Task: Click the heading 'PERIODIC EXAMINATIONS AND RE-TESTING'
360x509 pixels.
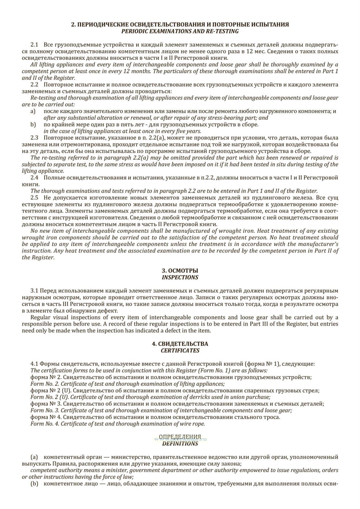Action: [180, 31]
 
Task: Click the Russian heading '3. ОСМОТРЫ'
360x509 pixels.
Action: [180, 271]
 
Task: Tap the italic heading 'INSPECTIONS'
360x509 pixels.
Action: [180, 277]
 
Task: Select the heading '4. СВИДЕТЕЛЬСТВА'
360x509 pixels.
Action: [180, 344]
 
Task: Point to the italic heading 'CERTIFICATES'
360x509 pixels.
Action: [180, 351]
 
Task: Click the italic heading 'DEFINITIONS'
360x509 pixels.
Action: [180, 444]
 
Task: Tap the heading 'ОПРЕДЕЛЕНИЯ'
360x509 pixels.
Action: [180, 437]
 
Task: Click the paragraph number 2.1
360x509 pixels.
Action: [34, 45]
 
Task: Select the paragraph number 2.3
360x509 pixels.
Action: [34, 138]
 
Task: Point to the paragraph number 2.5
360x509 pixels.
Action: [34, 198]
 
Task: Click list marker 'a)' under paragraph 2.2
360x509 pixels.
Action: [33, 111]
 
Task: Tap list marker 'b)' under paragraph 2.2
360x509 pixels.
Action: [33, 125]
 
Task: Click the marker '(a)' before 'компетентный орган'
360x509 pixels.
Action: [34, 457]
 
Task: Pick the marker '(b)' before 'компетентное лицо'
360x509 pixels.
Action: [34, 484]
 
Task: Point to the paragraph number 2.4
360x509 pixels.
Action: [34, 178]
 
